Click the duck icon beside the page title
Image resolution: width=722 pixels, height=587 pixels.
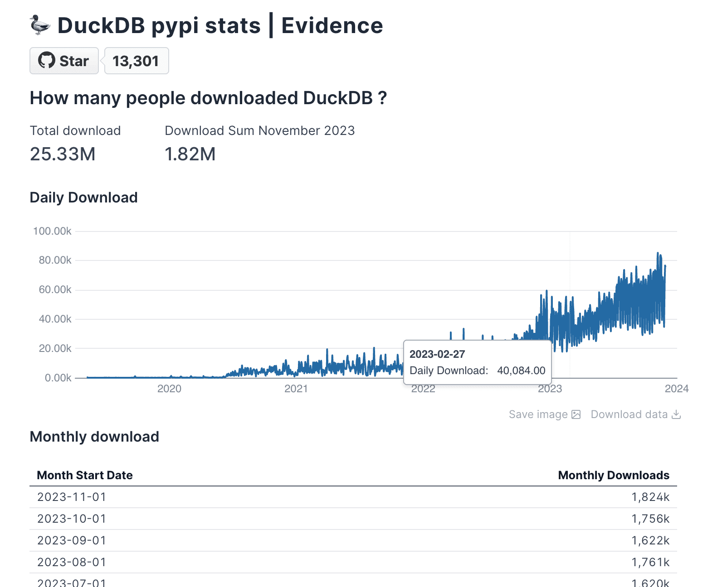tap(40, 25)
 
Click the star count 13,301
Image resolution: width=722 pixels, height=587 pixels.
tap(136, 61)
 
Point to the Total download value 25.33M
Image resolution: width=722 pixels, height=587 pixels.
tap(63, 154)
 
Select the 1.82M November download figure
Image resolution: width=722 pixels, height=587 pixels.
tap(190, 154)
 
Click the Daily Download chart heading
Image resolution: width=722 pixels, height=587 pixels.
tap(83, 197)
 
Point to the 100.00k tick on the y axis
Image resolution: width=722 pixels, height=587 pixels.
tap(52, 231)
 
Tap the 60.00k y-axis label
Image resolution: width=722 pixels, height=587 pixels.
tap(55, 289)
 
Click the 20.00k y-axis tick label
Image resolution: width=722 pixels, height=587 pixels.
tap(55, 348)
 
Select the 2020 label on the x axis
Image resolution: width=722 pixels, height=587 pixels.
tap(169, 389)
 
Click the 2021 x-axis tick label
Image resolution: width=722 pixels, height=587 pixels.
tap(296, 389)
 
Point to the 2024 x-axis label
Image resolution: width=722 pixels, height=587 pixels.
tap(676, 389)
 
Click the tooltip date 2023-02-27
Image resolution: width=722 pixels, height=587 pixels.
tap(437, 354)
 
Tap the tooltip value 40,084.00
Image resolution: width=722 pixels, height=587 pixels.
tap(521, 370)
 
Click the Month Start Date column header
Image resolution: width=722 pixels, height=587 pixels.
tap(85, 475)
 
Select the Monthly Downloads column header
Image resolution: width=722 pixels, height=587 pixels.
tap(614, 475)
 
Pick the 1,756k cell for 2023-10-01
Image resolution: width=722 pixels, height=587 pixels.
tap(650, 519)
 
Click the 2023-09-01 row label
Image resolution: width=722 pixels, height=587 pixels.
tap(72, 540)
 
